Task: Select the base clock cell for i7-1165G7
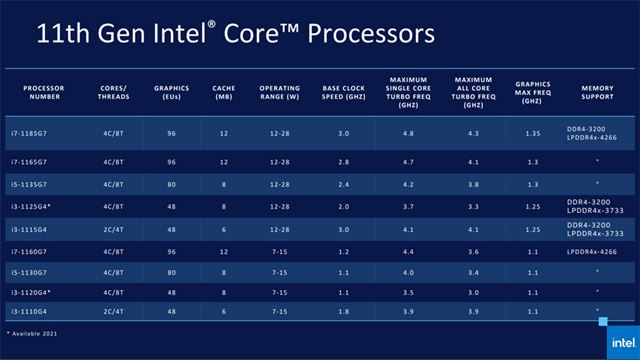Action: (x=343, y=161)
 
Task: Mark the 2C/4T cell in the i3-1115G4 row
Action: (x=112, y=229)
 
